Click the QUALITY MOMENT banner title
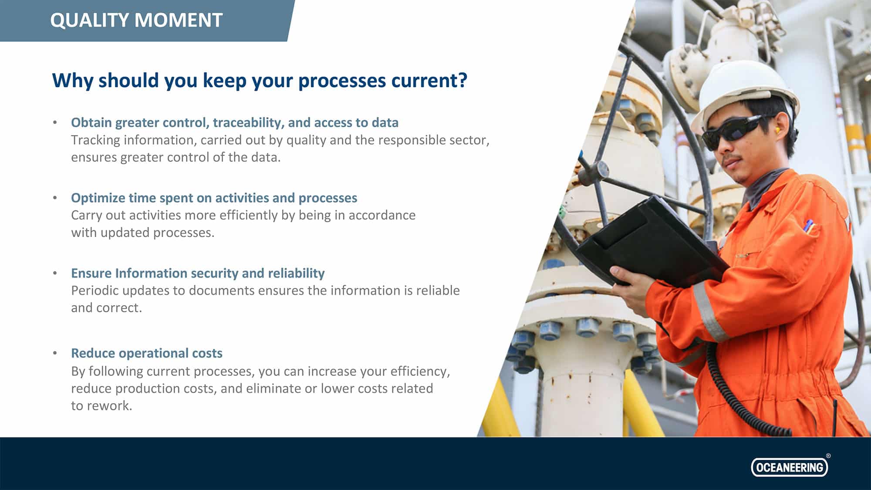click(x=136, y=20)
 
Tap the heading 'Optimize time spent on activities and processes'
click(x=214, y=198)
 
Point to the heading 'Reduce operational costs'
click(x=147, y=353)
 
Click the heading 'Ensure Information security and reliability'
click(x=198, y=274)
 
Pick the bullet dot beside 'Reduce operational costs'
click(x=55, y=353)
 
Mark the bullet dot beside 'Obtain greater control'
click(x=55, y=122)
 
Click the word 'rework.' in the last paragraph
click(x=109, y=406)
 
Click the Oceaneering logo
click(x=789, y=467)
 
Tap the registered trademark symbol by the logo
click(x=828, y=456)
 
